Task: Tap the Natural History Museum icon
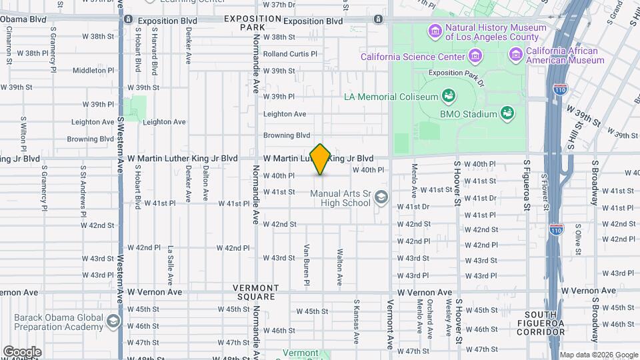tap(435, 31)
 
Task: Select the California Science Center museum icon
tap(475, 55)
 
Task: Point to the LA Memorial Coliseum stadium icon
tap(449, 96)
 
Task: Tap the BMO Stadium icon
tap(507, 113)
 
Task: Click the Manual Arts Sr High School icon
tap(381, 197)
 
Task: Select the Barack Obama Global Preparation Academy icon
tap(113, 322)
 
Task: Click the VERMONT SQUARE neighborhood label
tap(254, 291)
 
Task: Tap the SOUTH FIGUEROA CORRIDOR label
tap(545, 319)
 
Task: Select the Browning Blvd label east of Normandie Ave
tap(287, 135)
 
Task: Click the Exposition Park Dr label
tap(456, 73)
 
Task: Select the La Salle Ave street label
tap(171, 264)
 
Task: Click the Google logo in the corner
tap(22, 352)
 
